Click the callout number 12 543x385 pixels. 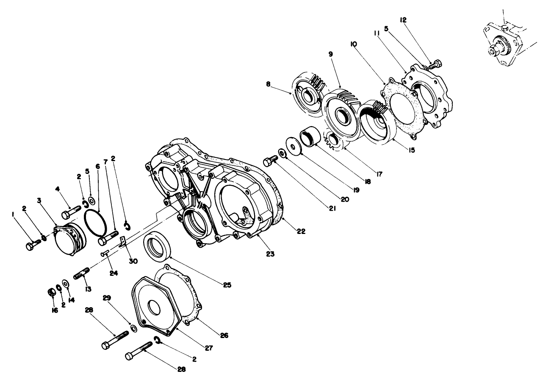(402, 20)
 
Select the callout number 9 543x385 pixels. (330, 54)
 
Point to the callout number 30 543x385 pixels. (133, 261)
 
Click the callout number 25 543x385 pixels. (227, 285)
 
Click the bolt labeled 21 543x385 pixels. (269, 162)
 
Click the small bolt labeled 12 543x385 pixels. (435, 65)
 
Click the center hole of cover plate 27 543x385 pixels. (155, 308)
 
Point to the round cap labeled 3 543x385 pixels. (70, 239)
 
